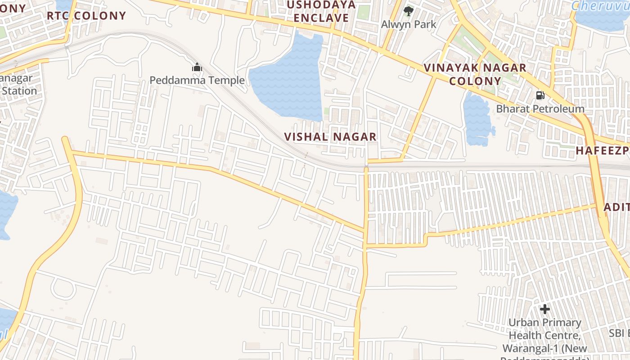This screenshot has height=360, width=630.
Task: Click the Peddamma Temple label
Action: (197, 81)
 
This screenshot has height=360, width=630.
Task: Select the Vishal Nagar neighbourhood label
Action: (330, 137)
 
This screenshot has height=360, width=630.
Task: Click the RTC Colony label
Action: (86, 16)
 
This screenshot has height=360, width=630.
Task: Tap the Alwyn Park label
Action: (409, 24)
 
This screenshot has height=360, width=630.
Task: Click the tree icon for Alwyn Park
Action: (409, 11)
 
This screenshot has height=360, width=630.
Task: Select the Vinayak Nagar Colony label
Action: (475, 75)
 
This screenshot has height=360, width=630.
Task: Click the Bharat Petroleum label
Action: (540, 109)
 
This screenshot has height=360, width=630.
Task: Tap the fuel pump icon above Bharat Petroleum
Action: (540, 95)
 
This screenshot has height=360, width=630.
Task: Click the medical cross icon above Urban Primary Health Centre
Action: (545, 309)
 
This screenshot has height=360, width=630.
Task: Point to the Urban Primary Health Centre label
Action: (545, 336)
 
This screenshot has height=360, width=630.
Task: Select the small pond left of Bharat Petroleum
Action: (477, 119)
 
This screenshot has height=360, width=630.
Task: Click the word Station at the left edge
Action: (19, 91)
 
